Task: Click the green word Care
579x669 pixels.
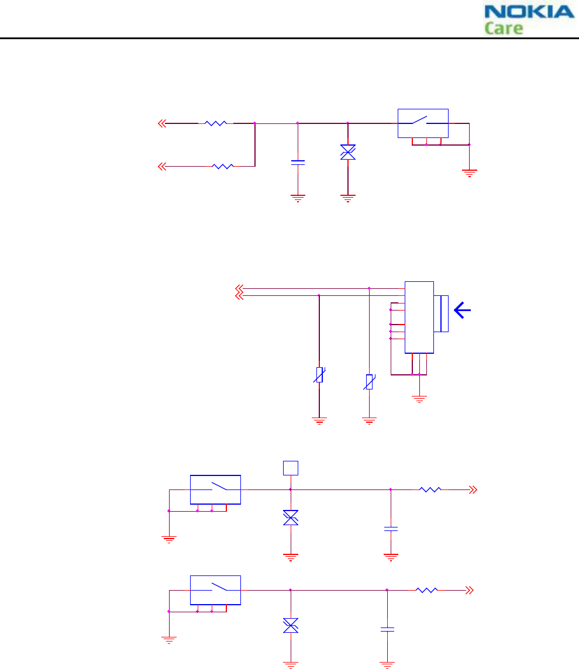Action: click(504, 27)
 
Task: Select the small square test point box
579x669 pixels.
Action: click(291, 468)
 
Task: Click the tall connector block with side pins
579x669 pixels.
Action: click(419, 317)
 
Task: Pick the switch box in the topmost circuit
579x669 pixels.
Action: click(423, 123)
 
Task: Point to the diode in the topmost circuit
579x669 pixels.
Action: click(348, 153)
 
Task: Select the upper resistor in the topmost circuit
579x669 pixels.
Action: click(216, 123)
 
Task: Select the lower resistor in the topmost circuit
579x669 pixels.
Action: click(223, 167)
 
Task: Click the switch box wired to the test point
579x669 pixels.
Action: click(215, 489)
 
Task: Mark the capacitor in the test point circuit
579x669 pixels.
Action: click(391, 529)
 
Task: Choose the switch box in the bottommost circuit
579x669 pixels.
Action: click(215, 590)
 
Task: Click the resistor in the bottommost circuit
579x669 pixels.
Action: click(426, 590)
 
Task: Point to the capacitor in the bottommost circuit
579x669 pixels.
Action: click(387, 630)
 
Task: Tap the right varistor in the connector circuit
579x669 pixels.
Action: click(369, 382)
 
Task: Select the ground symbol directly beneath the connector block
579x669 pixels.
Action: click(419, 399)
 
